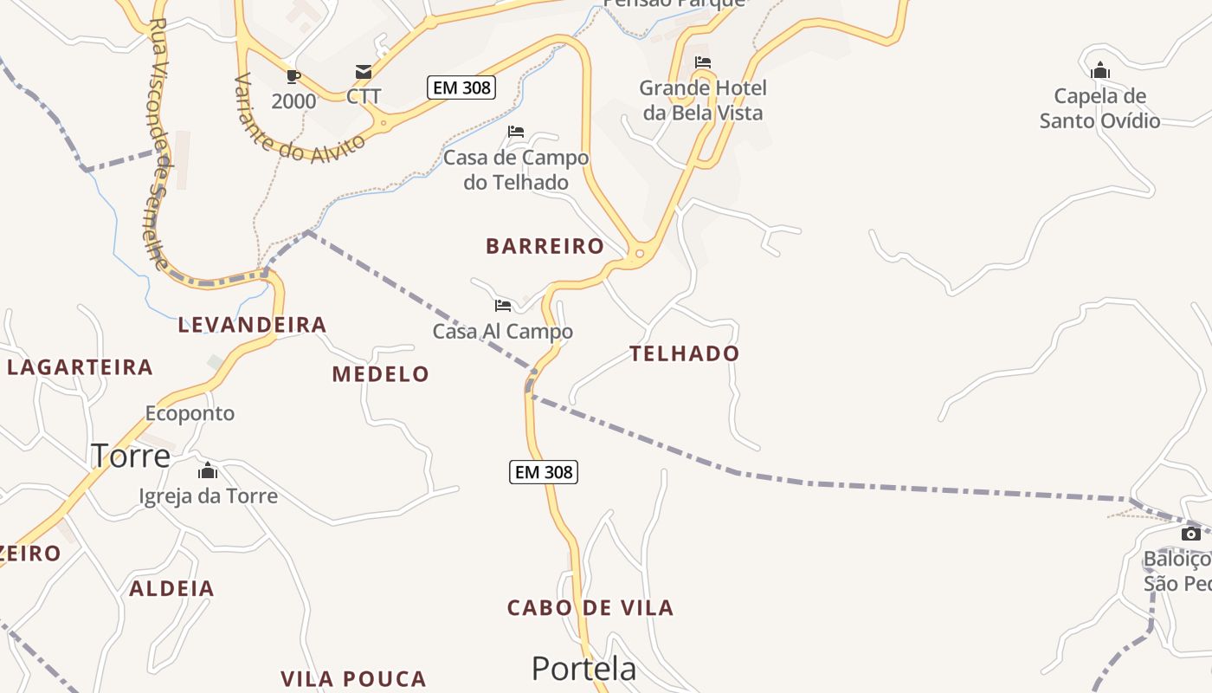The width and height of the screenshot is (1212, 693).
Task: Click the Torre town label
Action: [131, 455]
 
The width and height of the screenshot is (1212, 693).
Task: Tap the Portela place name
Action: [583, 668]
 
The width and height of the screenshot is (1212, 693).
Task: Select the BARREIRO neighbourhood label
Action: [545, 246]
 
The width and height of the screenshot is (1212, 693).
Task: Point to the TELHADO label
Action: [684, 353]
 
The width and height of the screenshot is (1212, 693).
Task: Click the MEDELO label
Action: [380, 374]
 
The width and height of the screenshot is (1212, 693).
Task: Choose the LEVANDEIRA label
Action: [252, 325]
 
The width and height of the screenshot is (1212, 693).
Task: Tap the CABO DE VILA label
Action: [590, 607]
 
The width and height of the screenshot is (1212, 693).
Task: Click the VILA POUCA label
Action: [353, 679]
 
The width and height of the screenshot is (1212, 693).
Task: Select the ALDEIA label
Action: [171, 589]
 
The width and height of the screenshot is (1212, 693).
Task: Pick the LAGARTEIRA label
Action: [80, 367]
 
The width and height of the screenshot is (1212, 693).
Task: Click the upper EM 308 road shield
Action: [461, 87]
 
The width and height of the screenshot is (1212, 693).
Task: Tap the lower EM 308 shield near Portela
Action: [543, 472]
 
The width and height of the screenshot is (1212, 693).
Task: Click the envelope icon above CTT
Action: [364, 72]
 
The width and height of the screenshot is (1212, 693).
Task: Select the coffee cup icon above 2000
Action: [293, 75]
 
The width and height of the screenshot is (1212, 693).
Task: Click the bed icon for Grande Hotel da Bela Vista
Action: [703, 62]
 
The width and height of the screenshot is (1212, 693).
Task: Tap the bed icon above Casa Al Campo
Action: [503, 305]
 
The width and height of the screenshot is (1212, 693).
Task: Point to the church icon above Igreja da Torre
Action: [208, 471]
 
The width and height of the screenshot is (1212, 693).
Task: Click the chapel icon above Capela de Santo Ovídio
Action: [1100, 70]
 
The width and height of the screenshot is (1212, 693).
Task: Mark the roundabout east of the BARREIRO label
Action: [640, 253]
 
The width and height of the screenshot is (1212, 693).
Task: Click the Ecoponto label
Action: [190, 413]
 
